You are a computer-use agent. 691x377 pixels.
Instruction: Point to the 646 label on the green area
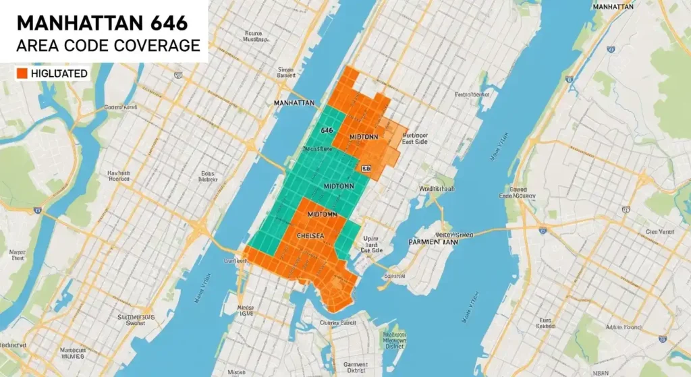click(327, 130)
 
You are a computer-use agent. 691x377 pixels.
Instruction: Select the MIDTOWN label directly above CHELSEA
click(322, 213)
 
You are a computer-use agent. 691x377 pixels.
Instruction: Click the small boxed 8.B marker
click(366, 169)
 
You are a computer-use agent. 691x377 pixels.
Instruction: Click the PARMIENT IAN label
click(433, 241)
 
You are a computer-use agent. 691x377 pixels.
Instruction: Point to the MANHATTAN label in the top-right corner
click(614, 7)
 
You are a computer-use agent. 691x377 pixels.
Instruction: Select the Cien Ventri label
click(661, 231)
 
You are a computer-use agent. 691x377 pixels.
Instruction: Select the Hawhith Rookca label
click(119, 177)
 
